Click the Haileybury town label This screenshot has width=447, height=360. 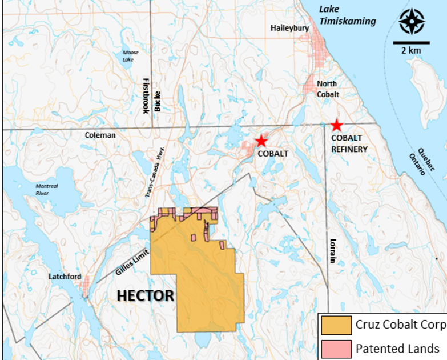point(289,28)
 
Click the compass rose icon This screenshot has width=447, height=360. point(411,21)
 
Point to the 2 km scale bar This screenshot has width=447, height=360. point(411,42)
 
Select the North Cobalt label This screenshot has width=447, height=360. point(328,89)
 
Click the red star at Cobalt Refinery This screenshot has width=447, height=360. point(337,126)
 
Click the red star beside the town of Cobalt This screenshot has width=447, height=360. point(261,141)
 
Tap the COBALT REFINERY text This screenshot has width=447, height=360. point(349,143)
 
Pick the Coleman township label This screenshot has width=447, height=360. point(100,135)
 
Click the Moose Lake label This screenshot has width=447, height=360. point(130,56)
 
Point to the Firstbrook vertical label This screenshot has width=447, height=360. point(146,95)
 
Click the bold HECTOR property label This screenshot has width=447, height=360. point(145,295)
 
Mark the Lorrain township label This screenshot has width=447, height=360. point(332,251)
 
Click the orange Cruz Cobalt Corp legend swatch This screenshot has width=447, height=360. point(336,325)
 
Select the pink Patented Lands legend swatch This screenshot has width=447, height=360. point(336,348)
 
